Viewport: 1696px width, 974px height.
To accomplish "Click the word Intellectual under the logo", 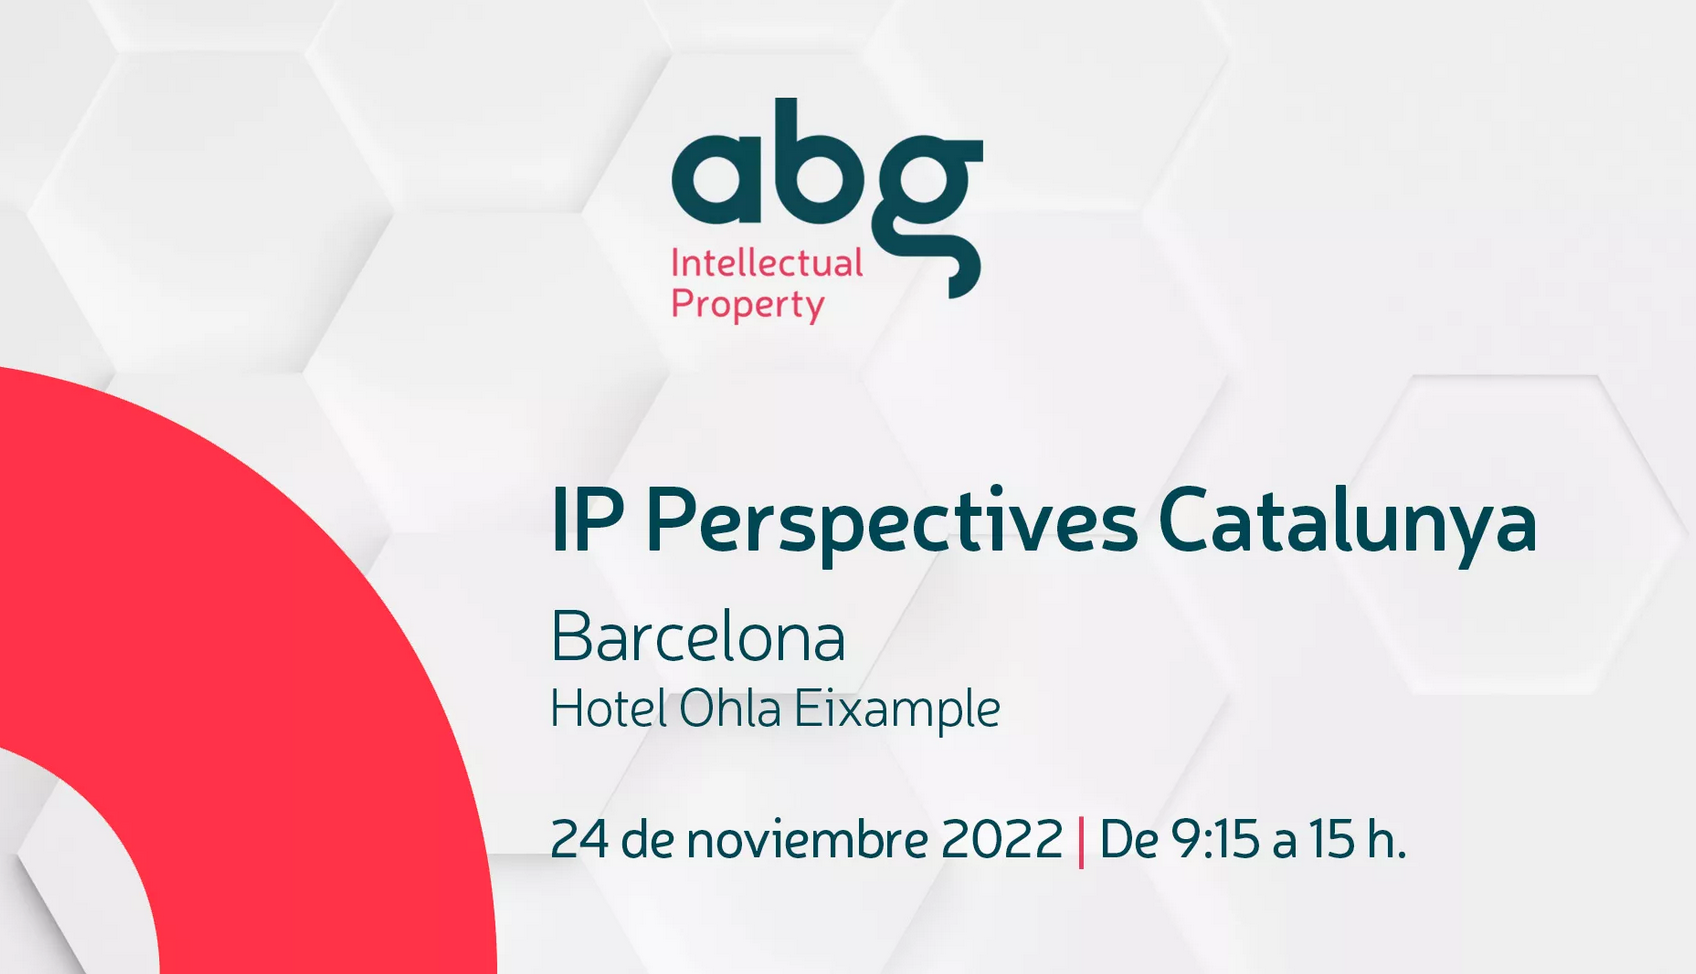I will [x=766, y=263].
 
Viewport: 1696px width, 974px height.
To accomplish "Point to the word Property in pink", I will [x=747, y=304].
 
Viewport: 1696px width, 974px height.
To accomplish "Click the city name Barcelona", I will [x=698, y=637].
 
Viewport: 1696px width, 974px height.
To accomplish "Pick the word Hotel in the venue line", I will [x=608, y=709].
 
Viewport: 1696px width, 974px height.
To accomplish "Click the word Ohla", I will [x=730, y=709].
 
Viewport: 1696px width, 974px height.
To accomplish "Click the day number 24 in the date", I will [x=579, y=839].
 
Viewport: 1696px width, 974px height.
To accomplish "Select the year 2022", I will [x=1002, y=839].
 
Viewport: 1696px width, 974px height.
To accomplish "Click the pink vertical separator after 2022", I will [x=1081, y=841].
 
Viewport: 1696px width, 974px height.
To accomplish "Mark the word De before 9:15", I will [x=1129, y=839].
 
